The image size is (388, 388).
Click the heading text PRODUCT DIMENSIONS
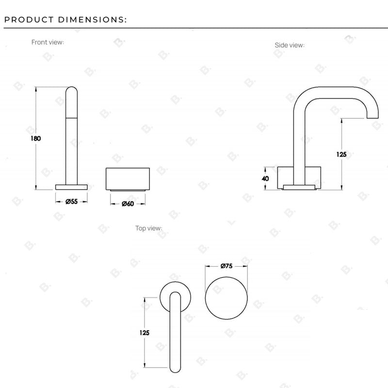click(x=65, y=20)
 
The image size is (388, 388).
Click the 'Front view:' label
click(x=48, y=42)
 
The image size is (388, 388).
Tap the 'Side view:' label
click(x=290, y=45)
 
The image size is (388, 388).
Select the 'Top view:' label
click(x=148, y=228)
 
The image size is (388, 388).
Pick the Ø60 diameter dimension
click(x=128, y=204)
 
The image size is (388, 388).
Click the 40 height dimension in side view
click(x=265, y=178)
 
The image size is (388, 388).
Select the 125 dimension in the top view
click(x=144, y=333)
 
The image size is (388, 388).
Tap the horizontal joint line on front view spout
click(x=71, y=117)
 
